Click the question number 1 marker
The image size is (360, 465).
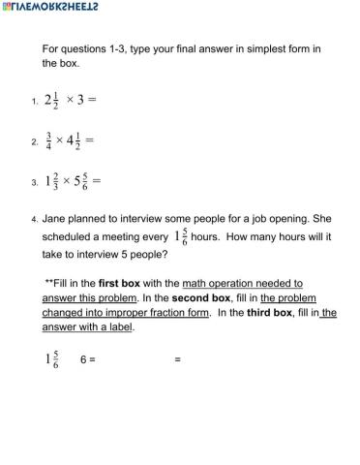click(34, 101)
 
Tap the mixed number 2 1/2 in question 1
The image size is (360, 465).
click(52, 100)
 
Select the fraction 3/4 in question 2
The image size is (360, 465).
click(48, 140)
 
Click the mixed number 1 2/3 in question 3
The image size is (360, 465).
click(55, 180)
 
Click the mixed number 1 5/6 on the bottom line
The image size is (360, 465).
click(52, 359)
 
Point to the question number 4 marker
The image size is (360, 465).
click(34, 220)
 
